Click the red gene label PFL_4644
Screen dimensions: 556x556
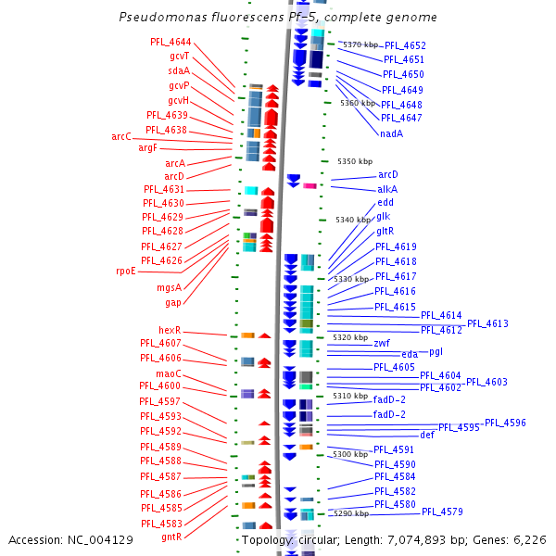click(171, 42)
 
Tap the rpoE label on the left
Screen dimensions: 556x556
click(125, 271)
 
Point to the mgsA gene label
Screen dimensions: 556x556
click(169, 287)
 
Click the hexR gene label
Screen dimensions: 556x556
click(169, 330)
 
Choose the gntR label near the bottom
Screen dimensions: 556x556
click(171, 537)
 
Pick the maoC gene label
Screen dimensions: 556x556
click(169, 373)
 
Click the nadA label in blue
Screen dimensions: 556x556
click(391, 133)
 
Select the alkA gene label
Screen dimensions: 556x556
click(387, 189)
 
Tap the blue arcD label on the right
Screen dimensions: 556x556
click(388, 174)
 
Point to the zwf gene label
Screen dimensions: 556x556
click(382, 343)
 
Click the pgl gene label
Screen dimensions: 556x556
click(436, 351)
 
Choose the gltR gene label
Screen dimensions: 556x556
click(385, 231)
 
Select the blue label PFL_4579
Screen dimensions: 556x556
click(442, 512)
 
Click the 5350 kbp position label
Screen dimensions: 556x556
click(355, 161)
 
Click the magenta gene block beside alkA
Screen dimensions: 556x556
click(310, 186)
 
